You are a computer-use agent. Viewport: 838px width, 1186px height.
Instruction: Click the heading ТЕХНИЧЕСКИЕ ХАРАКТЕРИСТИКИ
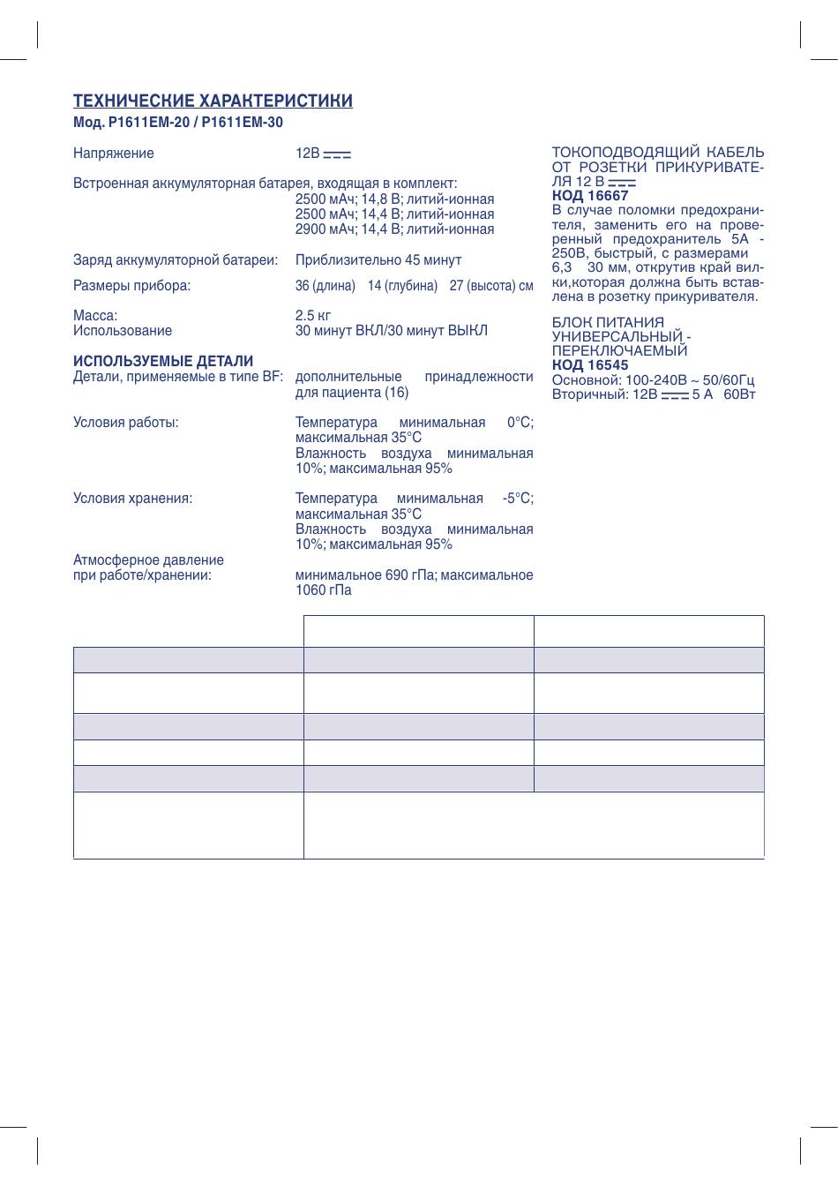(x=213, y=101)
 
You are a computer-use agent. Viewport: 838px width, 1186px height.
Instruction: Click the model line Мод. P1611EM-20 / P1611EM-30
(x=178, y=124)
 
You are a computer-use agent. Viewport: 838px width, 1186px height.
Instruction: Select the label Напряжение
(x=113, y=154)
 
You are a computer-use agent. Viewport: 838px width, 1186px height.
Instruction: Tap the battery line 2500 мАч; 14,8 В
(x=394, y=199)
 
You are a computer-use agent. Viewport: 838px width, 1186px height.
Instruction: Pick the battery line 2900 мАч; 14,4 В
(x=394, y=229)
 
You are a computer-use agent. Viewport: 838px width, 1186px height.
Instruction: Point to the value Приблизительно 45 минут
(x=378, y=260)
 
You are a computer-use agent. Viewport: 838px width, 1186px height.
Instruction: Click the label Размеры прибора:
(x=131, y=286)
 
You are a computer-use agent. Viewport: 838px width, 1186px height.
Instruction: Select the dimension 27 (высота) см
(x=491, y=286)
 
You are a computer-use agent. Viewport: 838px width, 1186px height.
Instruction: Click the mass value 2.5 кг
(x=313, y=316)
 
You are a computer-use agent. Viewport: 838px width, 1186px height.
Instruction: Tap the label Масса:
(x=95, y=316)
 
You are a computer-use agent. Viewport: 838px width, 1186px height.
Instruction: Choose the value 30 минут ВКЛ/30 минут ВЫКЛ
(x=391, y=331)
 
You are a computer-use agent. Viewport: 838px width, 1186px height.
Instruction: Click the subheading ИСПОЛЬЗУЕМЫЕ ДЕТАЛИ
(x=163, y=362)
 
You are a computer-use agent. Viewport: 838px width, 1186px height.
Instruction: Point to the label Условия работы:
(x=126, y=423)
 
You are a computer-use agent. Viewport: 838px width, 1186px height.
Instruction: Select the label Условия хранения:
(x=132, y=499)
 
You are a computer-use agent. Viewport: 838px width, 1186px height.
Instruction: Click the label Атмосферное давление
(x=148, y=560)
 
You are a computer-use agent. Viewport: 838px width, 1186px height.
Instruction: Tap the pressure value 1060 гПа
(x=323, y=590)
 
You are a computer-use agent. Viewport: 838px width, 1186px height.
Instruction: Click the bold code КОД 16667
(x=590, y=196)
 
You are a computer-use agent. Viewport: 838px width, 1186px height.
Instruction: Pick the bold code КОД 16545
(x=590, y=365)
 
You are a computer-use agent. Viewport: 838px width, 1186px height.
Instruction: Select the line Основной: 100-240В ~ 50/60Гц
(x=653, y=380)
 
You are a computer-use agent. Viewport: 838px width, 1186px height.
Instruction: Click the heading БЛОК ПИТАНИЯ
(x=608, y=323)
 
